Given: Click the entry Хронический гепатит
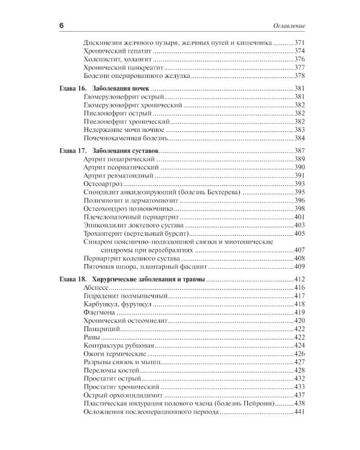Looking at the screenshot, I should pyautogui.click(x=114, y=52).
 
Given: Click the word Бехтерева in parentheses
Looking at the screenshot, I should pyautogui.click(x=224, y=191).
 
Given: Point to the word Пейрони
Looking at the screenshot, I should pyautogui.click(x=260, y=404).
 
